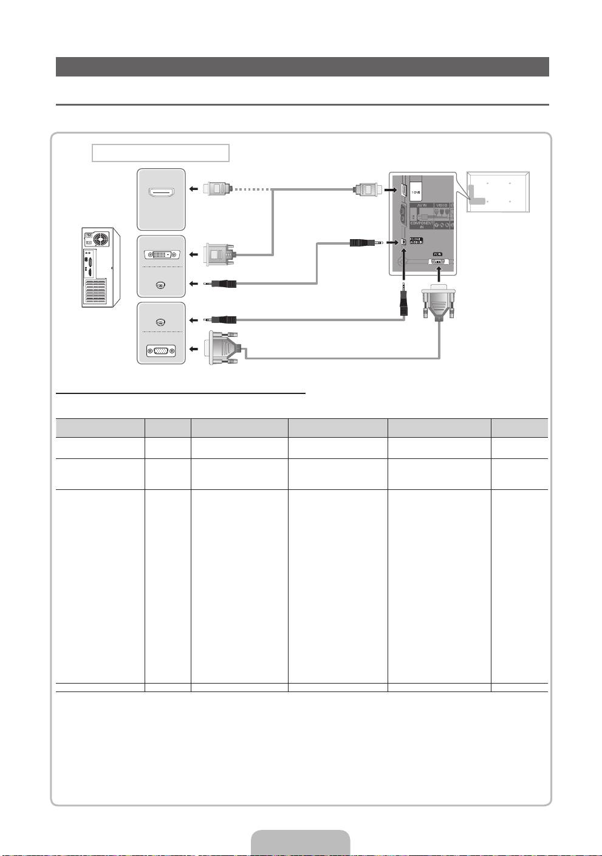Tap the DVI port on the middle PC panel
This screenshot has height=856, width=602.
(161, 255)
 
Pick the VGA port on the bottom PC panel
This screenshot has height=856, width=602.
(161, 351)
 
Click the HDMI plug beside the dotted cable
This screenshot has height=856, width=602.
(217, 189)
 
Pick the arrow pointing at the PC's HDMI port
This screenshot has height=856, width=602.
(193, 189)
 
